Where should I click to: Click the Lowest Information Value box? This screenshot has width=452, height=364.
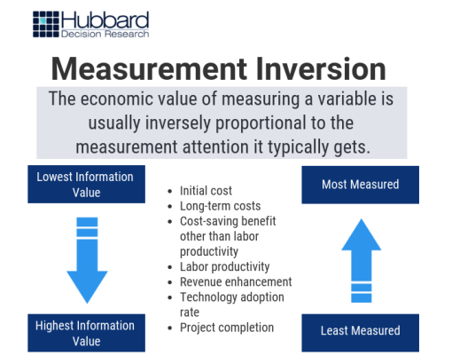click(x=85, y=184)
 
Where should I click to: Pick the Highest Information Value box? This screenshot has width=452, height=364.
click(x=85, y=332)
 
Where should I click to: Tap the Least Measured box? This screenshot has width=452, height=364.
click(x=360, y=330)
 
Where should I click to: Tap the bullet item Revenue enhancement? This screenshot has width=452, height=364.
click(x=236, y=281)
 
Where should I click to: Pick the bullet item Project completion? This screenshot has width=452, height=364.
click(x=227, y=327)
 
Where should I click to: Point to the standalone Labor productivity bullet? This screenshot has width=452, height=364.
click(x=224, y=266)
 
